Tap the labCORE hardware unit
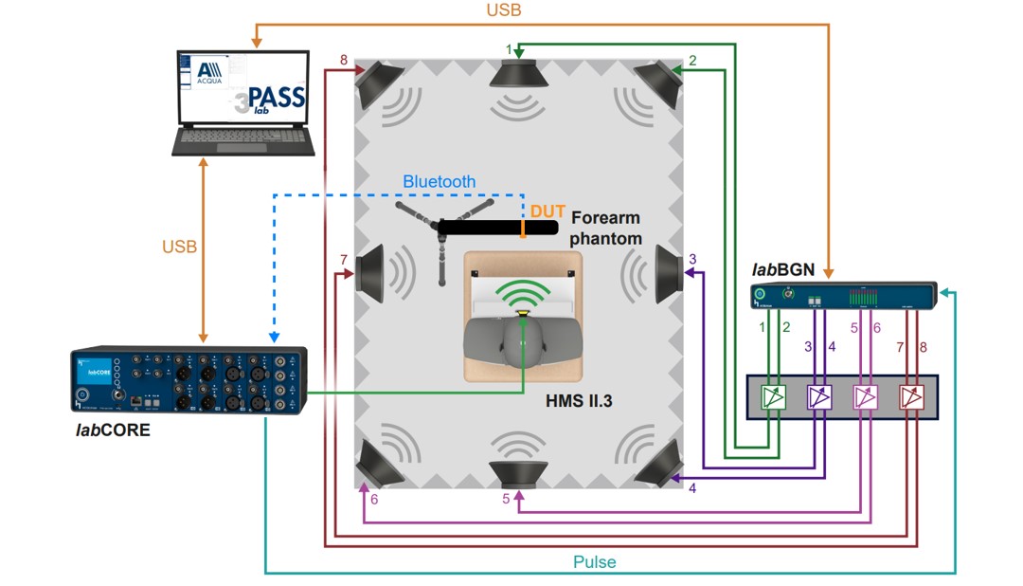189,380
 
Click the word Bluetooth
440,181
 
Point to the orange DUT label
547,211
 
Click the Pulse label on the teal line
595,562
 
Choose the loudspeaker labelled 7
370,272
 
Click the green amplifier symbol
776,397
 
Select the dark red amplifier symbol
910,397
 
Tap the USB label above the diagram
504,11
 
